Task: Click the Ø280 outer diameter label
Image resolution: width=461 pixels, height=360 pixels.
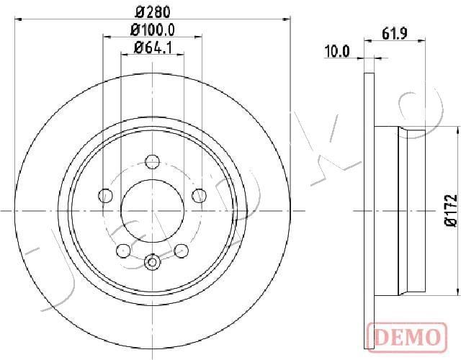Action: (153, 12)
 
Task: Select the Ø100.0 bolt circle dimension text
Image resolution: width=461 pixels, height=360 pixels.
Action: (153, 30)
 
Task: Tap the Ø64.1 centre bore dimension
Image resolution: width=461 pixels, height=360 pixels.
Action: (153, 48)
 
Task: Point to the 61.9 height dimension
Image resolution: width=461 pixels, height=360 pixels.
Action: (395, 34)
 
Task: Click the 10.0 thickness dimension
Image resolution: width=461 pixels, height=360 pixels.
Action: (336, 52)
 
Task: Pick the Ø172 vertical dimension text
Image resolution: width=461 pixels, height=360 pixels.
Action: (450, 210)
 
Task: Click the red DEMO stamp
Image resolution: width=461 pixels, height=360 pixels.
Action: (407, 337)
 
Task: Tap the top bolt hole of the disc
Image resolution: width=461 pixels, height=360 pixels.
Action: (152, 162)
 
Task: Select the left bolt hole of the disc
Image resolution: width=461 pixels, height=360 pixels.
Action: (105, 195)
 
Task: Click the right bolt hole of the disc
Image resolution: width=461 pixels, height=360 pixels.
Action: (200, 195)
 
